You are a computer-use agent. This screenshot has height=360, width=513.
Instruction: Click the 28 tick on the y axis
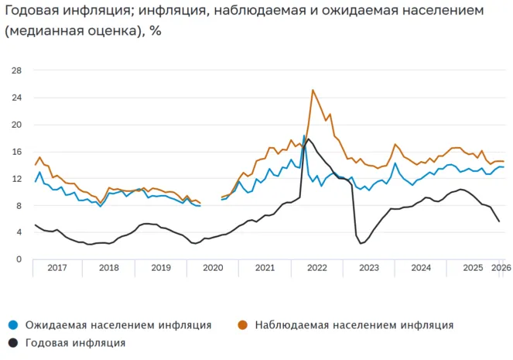click(x=16, y=70)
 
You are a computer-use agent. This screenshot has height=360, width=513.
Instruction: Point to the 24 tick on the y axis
click(x=16, y=98)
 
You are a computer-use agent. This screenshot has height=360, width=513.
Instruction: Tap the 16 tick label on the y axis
click(x=16, y=152)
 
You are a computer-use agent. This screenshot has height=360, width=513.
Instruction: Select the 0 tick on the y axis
click(x=19, y=259)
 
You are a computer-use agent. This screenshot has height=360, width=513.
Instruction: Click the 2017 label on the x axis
click(x=58, y=268)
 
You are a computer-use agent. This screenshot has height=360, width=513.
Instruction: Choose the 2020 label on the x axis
click(x=213, y=268)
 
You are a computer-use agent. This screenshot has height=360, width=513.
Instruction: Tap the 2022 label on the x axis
click(x=316, y=268)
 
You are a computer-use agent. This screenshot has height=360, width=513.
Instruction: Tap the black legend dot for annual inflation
click(x=13, y=342)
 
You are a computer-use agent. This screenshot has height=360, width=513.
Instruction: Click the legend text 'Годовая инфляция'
click(x=75, y=342)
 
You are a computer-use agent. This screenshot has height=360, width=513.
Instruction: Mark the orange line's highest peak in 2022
click(x=313, y=91)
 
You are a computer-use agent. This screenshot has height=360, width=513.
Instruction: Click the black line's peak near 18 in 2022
click(x=310, y=139)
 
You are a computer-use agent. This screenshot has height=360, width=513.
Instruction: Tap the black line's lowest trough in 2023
click(x=361, y=243)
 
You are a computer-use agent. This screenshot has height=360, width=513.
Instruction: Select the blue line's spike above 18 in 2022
click(x=304, y=135)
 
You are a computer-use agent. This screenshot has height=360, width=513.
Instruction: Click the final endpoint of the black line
click(x=499, y=221)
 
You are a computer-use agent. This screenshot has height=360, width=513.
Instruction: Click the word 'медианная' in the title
click(x=46, y=32)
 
